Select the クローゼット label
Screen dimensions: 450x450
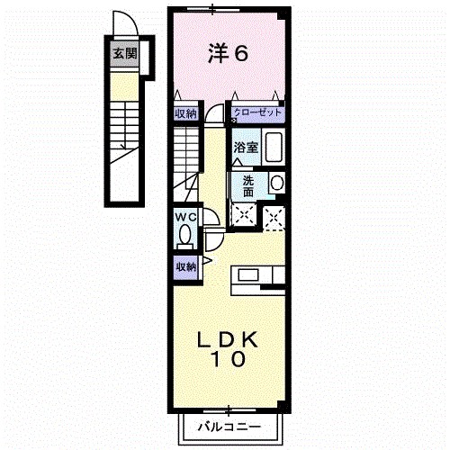click(x=258, y=112)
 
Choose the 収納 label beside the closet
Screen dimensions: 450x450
click(x=185, y=113)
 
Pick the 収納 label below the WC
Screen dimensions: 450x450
click(x=185, y=266)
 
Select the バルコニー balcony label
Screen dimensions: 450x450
click(x=229, y=427)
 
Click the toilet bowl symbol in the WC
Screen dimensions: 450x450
click(x=185, y=237)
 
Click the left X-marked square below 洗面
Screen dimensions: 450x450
click(x=243, y=214)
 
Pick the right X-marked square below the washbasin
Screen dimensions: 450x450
click(x=275, y=215)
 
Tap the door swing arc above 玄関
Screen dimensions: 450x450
click(x=123, y=25)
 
